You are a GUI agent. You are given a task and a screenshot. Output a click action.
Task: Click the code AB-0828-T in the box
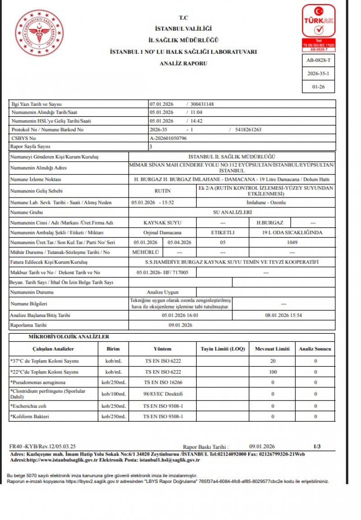coord(318,60)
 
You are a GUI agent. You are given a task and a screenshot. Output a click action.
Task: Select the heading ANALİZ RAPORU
coord(183,64)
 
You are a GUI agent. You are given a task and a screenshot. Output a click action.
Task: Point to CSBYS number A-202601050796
coord(168,138)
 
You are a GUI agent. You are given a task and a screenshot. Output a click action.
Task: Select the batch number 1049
coord(292,242)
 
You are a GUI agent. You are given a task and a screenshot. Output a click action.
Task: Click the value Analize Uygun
coord(163,293)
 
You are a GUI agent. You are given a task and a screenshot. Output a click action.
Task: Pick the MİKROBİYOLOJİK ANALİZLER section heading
coord(69,336)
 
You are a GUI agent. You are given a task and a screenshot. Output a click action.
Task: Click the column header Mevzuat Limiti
coord(272,349)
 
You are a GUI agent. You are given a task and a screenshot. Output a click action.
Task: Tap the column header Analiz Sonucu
coord(315,349)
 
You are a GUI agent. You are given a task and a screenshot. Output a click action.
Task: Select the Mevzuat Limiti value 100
coord(272,372)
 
